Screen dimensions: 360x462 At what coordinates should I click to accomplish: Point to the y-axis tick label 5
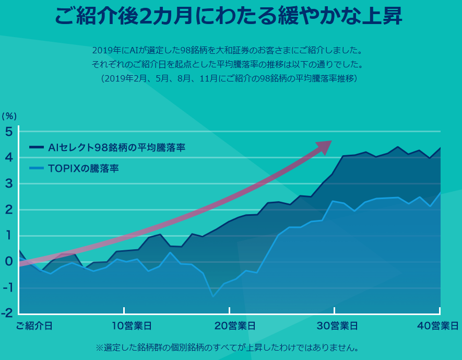click(x=9, y=132)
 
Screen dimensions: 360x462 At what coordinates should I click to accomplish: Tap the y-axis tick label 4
click(x=9, y=158)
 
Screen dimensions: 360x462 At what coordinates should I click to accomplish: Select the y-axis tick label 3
click(x=9, y=184)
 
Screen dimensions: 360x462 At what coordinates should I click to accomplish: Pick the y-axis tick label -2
click(x=7, y=313)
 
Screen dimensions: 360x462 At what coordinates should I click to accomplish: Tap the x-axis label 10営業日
click(x=132, y=326)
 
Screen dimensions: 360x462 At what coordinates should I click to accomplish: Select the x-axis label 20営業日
click(x=235, y=326)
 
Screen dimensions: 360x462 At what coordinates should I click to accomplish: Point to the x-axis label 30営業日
click(x=338, y=326)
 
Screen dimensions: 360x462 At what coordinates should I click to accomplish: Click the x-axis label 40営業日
click(x=438, y=326)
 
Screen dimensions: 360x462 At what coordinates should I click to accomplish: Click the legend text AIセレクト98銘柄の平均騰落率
click(x=116, y=148)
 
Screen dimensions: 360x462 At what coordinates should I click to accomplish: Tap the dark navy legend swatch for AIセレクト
click(x=37, y=148)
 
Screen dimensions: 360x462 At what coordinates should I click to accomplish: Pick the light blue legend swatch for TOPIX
click(x=37, y=168)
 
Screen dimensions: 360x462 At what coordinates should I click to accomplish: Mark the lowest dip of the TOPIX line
click(x=213, y=296)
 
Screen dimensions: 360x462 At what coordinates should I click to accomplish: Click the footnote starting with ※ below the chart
click(x=227, y=347)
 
